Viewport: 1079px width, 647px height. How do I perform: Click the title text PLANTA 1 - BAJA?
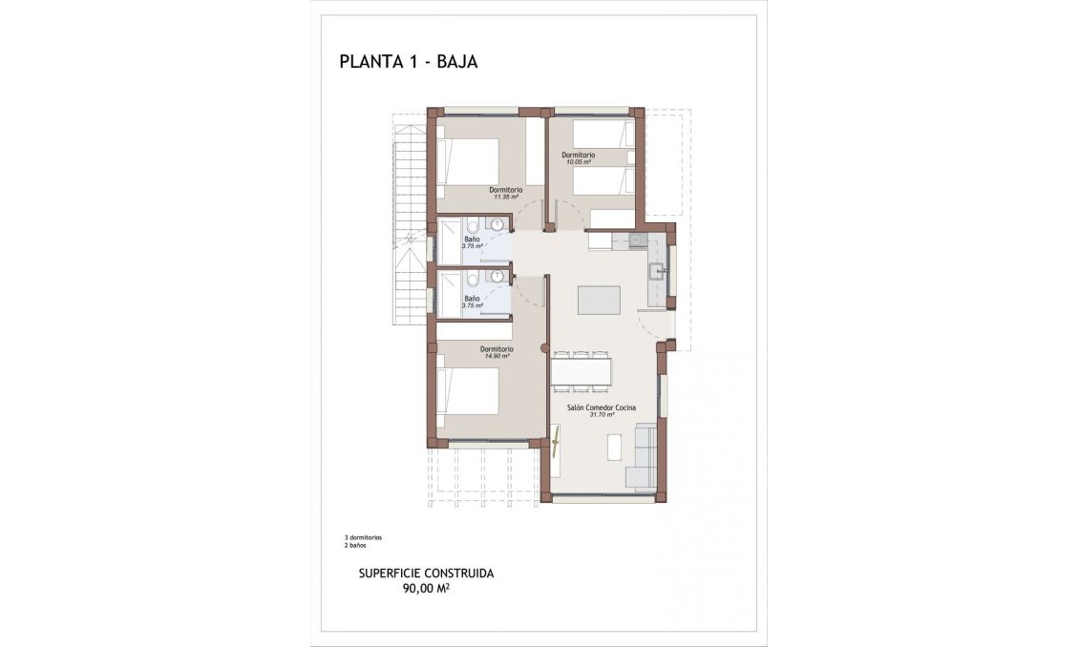pyautogui.click(x=408, y=62)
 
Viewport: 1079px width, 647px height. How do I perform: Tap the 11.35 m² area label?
pyautogui.click(x=506, y=197)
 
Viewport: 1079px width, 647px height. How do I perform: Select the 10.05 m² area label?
pyautogui.click(x=578, y=162)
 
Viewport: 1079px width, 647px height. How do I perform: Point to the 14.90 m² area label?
pyautogui.click(x=497, y=356)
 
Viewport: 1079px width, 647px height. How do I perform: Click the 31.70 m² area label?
pyautogui.click(x=600, y=414)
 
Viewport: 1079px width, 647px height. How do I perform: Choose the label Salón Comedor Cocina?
pyautogui.click(x=601, y=407)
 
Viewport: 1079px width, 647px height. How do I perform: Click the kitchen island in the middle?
pyautogui.click(x=600, y=300)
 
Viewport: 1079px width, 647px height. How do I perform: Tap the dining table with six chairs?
pyautogui.click(x=582, y=371)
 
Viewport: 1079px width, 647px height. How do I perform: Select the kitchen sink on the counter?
pyautogui.click(x=657, y=272)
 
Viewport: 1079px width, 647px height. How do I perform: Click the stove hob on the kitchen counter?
pyautogui.click(x=637, y=241)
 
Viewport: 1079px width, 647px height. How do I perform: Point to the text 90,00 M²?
pyautogui.click(x=426, y=589)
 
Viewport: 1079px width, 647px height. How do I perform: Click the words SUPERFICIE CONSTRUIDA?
pyautogui.click(x=426, y=574)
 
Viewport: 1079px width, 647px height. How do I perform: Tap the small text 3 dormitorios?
pyautogui.click(x=363, y=537)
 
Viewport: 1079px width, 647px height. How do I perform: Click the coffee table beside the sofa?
pyautogui.click(x=614, y=448)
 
